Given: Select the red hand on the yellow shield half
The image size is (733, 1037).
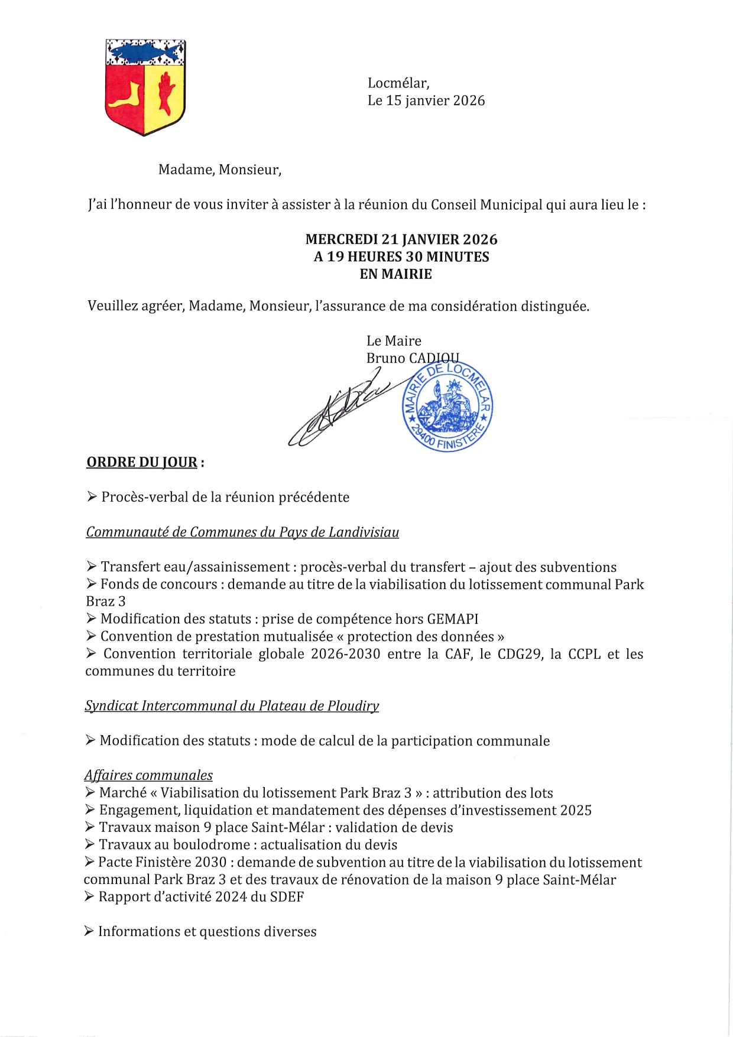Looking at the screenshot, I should click(x=165, y=92).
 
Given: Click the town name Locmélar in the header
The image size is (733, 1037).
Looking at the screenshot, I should click(x=398, y=83).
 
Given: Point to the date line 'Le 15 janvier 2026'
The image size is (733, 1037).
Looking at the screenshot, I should click(x=426, y=100).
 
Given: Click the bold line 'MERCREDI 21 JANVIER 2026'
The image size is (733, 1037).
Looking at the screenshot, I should click(x=401, y=239).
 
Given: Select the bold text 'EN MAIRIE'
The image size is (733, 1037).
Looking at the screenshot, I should click(x=395, y=274).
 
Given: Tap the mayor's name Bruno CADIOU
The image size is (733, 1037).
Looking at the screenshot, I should click(x=412, y=358).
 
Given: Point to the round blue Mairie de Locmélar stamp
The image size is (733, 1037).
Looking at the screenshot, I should click(x=447, y=407).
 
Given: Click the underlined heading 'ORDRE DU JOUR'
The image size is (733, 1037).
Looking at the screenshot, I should click(x=142, y=462).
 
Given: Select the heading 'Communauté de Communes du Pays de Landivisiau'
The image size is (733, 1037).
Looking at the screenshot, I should click(x=242, y=532).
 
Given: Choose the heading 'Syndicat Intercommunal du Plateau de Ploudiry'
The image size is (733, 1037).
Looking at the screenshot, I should click(x=232, y=706).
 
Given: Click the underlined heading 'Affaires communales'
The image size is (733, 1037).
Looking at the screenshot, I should click(x=148, y=775).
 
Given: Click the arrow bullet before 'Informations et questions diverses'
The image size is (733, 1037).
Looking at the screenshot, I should click(x=89, y=932).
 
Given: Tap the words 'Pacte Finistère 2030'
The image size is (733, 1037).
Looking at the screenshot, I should click(x=162, y=863).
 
